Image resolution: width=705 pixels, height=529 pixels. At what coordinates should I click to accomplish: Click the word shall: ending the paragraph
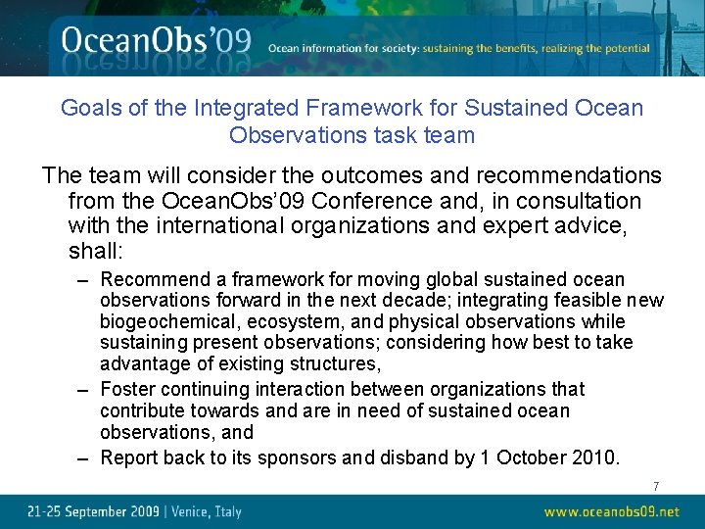pyautogui.click(x=95, y=252)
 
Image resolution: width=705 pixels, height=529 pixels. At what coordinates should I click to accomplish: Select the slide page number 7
pyautogui.click(x=656, y=486)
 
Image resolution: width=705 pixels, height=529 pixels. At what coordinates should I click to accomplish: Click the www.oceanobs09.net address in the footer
pyautogui.click(x=611, y=511)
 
